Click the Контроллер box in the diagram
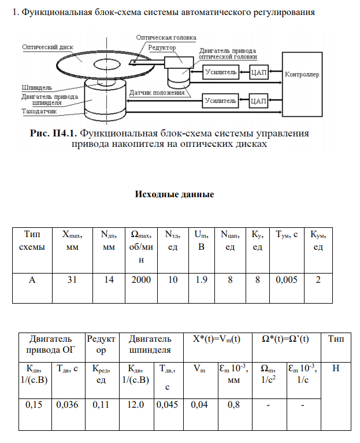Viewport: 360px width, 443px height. click(303, 75)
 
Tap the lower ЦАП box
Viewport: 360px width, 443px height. click(258, 101)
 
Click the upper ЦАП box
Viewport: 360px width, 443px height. click(258, 72)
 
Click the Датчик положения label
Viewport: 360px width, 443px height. click(157, 92)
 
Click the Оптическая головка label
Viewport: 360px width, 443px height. click(166, 38)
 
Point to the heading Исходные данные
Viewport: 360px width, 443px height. click(174, 194)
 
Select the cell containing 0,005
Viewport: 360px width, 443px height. click(286, 279)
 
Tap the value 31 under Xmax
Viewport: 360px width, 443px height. click(72, 279)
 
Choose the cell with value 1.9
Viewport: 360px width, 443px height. click(202, 279)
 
